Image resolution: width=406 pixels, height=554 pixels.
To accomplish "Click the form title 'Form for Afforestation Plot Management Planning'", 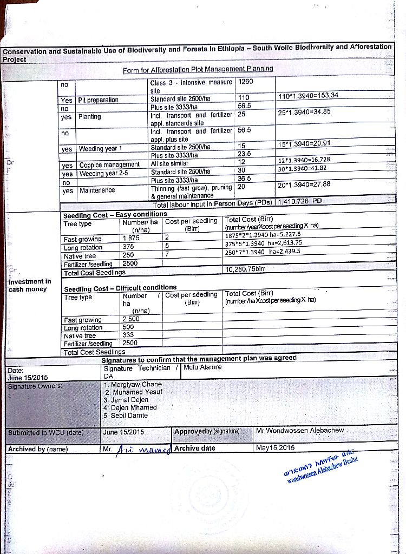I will pyautogui.click(x=198, y=69).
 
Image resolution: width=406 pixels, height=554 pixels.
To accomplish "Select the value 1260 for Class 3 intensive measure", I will pyautogui.click(x=246, y=82).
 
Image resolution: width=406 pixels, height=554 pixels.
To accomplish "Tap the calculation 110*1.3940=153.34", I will pyautogui.click(x=307, y=96).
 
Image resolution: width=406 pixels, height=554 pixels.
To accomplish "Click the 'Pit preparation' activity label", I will pyautogui.click(x=99, y=100).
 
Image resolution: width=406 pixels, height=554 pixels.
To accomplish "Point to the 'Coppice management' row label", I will pyautogui.click(x=109, y=165).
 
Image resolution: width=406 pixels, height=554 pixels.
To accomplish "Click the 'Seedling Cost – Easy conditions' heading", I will pyautogui.click(x=115, y=215).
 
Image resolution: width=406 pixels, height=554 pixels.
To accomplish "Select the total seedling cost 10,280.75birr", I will pyautogui.click(x=245, y=269).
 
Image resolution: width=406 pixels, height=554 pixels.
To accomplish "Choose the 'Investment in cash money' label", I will pyautogui.click(x=30, y=285).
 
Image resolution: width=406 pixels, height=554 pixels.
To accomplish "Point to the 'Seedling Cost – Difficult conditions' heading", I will pyautogui.click(x=120, y=287).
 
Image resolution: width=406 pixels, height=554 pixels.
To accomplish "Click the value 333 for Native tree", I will pyautogui.click(x=128, y=335).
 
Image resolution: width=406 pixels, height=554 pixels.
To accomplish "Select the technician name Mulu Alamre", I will pyautogui.click(x=203, y=367).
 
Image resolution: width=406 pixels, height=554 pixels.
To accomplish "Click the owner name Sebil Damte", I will pyautogui.click(x=129, y=415).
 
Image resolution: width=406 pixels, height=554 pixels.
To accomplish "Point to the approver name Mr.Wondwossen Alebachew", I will pyautogui.click(x=300, y=431).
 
